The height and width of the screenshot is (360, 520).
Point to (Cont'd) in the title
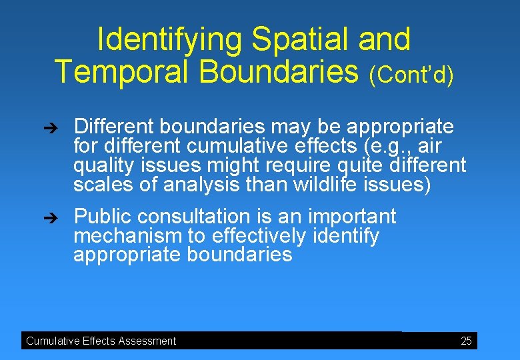point(411,75)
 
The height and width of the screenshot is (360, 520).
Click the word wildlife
point(325,184)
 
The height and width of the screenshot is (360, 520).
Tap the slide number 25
point(466,341)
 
